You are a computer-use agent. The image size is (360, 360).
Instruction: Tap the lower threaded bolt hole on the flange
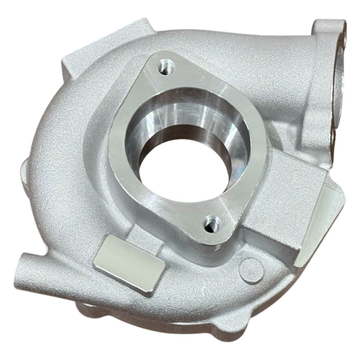[211, 224]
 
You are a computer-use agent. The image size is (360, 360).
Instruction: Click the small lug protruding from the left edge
[25, 167]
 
